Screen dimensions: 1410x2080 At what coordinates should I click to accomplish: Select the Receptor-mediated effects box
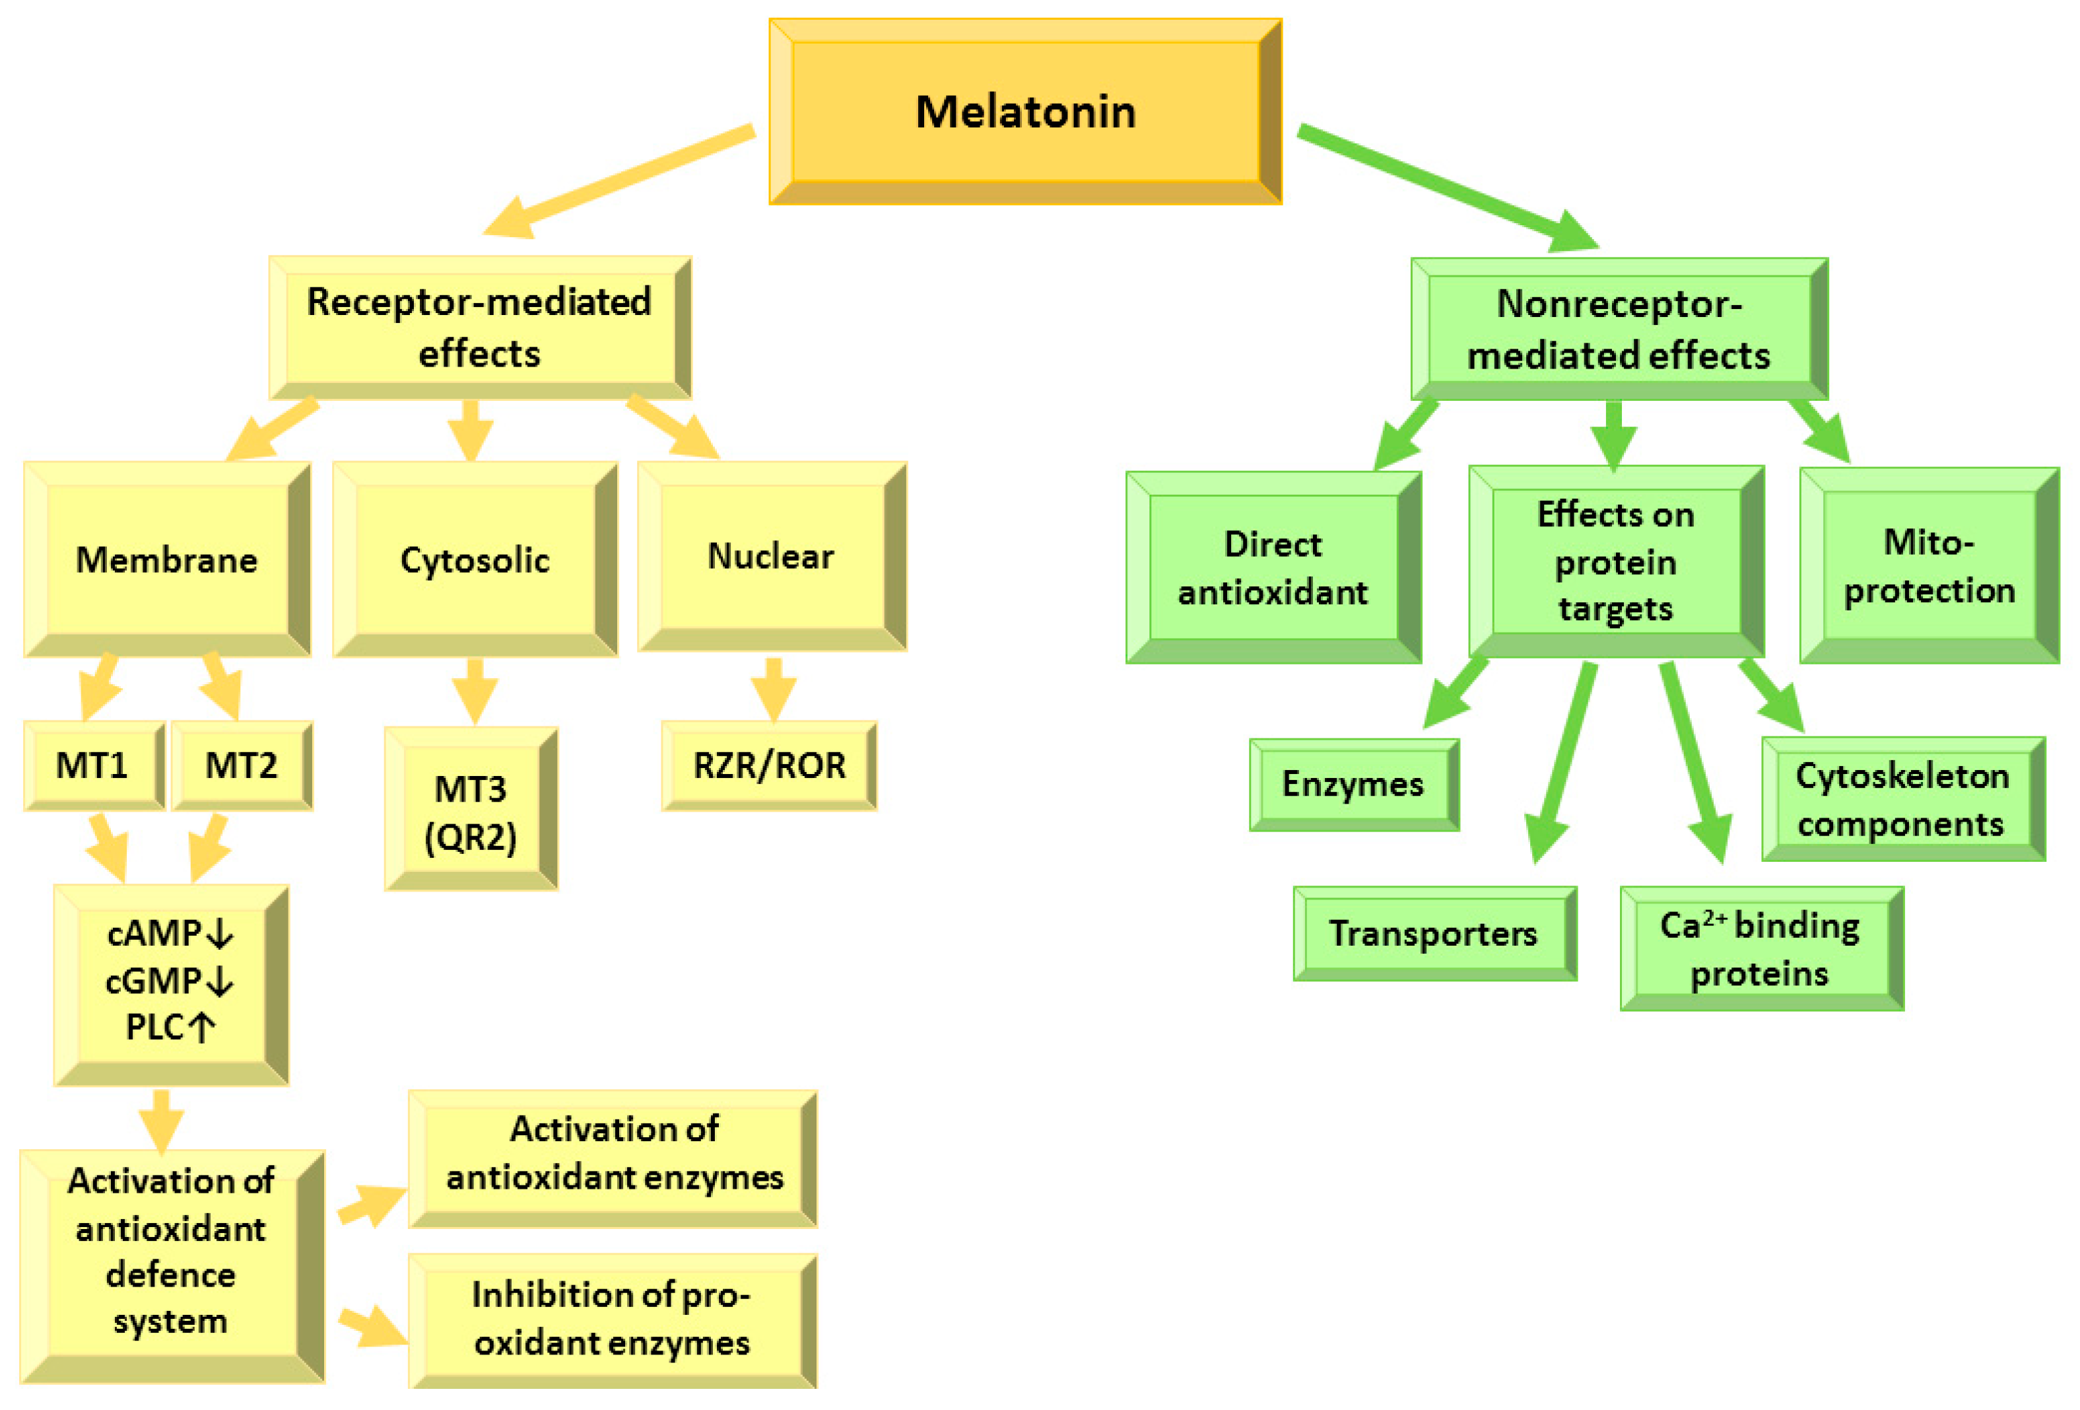(x=480, y=328)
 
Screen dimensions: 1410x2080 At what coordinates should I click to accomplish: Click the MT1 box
(x=93, y=765)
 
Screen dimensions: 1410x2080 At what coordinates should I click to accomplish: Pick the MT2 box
(x=242, y=765)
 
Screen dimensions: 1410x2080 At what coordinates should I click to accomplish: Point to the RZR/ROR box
(x=769, y=765)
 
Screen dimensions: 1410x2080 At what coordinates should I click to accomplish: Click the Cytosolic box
(x=475, y=559)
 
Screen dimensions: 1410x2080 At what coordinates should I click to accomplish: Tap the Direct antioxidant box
(x=1272, y=567)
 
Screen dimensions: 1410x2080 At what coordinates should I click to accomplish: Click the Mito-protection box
(x=1929, y=566)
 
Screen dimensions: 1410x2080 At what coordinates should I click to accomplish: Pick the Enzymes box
(x=1353, y=784)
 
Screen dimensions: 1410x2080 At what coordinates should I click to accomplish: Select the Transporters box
(x=1433, y=934)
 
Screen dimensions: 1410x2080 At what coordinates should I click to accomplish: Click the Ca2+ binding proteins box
(x=1760, y=949)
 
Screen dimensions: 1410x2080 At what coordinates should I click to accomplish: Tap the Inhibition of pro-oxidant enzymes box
(x=611, y=1319)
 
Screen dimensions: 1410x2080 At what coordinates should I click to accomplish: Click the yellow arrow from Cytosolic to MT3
(x=475, y=690)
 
